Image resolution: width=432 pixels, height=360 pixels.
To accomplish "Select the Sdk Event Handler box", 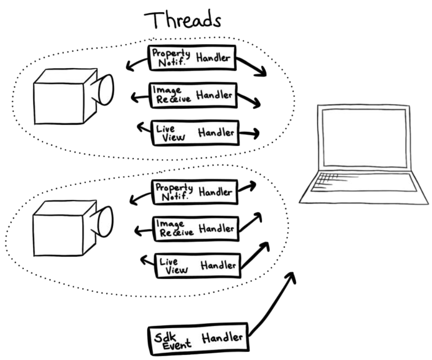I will click(x=198, y=337).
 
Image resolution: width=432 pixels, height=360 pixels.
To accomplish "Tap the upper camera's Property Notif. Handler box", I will click(x=192, y=58).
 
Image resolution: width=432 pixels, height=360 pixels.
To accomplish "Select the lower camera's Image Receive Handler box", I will click(x=196, y=229).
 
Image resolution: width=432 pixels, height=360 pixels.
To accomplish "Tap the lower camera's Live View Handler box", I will click(x=198, y=265).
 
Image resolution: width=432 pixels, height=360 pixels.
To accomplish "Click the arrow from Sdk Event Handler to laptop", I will click(x=274, y=306).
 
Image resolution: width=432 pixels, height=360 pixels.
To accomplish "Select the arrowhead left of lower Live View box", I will click(x=143, y=259).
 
